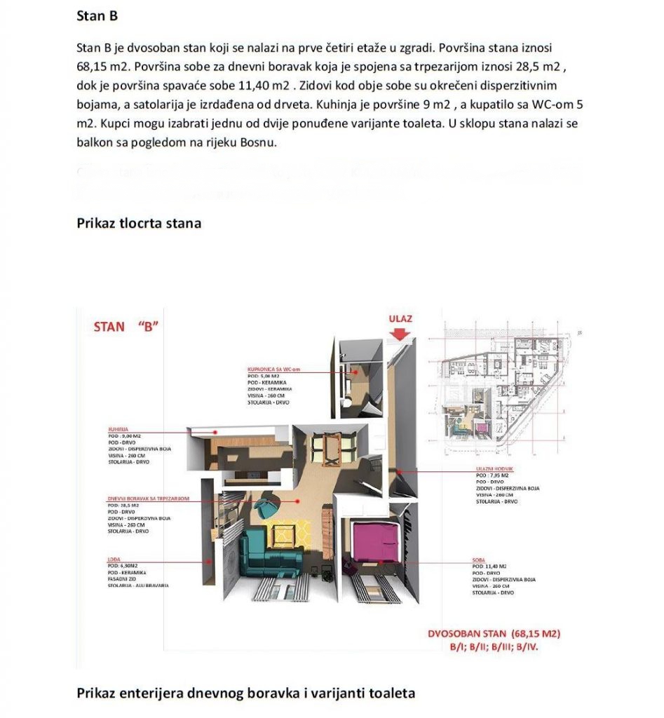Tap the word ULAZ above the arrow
click(400, 318)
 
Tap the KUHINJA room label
click(117, 428)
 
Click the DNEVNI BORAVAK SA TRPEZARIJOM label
click(148, 498)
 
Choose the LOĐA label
click(114, 559)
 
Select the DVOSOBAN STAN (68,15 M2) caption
click(494, 635)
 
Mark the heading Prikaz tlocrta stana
click(139, 224)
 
